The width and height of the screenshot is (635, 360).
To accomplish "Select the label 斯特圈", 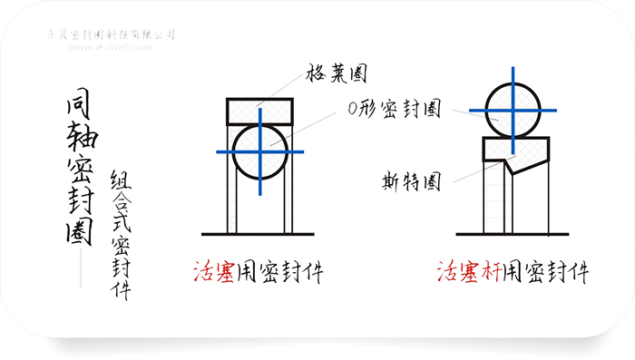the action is pos(411,181).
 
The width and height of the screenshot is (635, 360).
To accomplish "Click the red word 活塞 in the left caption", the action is pos(215,271).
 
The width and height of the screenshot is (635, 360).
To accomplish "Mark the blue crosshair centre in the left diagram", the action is pos(259,151).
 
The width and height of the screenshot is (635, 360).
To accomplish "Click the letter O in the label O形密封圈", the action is pos(352,109).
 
